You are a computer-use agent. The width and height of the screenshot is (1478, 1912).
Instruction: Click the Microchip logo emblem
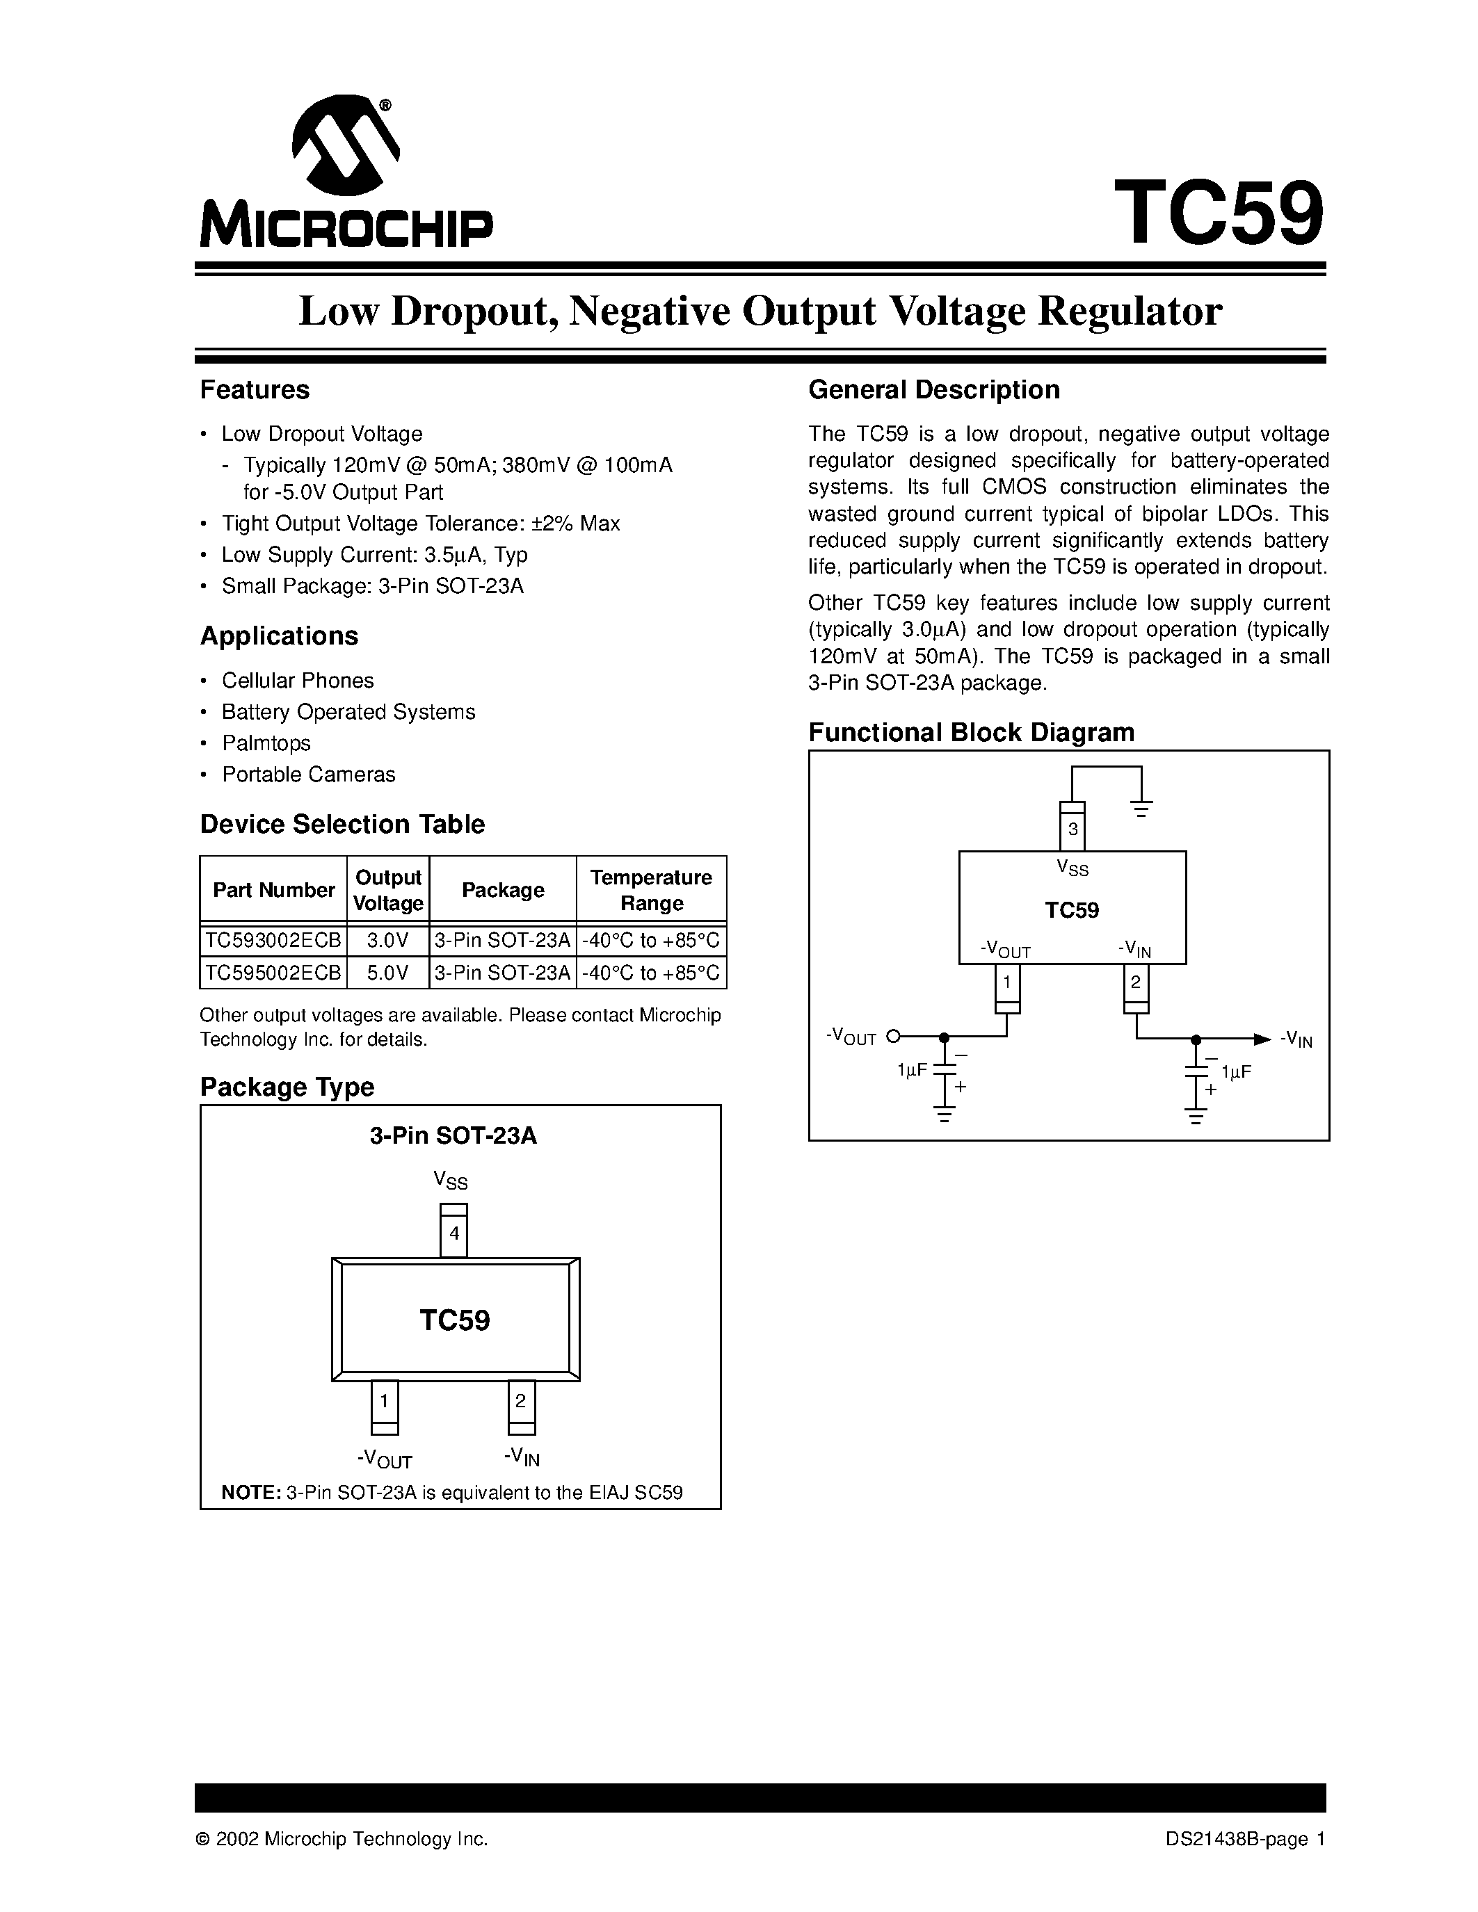(345, 145)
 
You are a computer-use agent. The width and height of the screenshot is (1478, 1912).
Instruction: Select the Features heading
(255, 389)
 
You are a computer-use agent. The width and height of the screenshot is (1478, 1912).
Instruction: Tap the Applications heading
(280, 635)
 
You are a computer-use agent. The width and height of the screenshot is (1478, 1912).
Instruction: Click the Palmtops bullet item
(266, 743)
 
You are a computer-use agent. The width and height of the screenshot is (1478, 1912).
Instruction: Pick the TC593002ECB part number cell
(273, 941)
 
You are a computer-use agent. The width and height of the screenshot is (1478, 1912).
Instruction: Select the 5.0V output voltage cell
(388, 973)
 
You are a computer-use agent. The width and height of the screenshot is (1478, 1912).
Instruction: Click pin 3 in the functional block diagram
(1073, 828)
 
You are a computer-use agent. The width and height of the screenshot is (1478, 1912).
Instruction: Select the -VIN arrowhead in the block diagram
(1261, 1039)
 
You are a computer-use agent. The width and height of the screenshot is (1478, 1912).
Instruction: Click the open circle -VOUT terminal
(893, 1037)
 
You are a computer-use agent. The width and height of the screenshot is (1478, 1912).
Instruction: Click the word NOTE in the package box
(250, 1493)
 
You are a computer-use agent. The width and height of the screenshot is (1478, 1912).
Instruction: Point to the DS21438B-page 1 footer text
(1245, 1839)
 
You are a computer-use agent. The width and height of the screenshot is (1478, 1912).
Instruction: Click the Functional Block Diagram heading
(971, 732)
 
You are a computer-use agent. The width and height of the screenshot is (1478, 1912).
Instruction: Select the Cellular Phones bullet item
(298, 680)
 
